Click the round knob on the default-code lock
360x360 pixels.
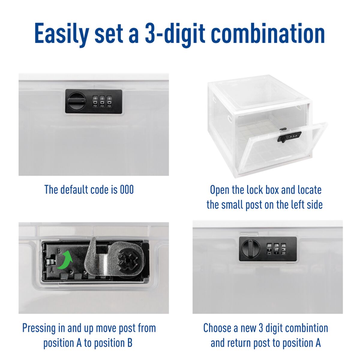tap(76, 101)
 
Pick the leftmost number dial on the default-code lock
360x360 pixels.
tap(95, 101)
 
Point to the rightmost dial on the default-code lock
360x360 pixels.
tap(109, 101)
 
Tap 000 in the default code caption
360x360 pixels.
tap(127, 190)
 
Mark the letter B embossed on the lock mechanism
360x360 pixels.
tap(59, 250)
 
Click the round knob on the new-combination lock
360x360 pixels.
tap(250, 249)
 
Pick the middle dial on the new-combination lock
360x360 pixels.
tap(276, 249)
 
